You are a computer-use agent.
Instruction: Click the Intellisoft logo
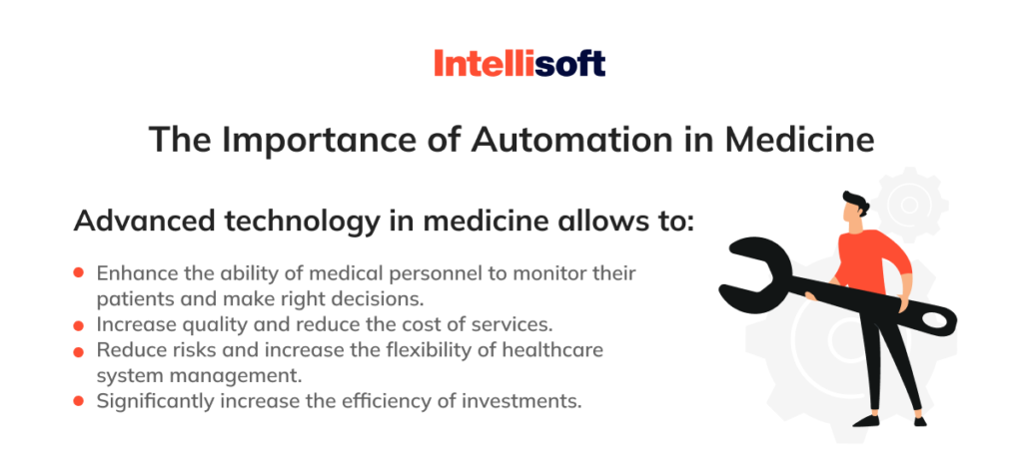coord(519,65)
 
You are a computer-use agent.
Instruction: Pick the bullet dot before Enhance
coord(79,272)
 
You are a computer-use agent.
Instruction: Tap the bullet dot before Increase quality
coord(79,324)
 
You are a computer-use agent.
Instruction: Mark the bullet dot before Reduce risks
coord(79,350)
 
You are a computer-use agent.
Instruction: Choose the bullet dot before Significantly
coord(79,401)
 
